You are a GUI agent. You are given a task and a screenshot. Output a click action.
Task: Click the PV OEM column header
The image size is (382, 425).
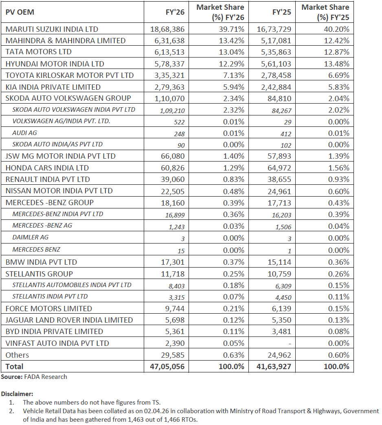(x=20, y=12)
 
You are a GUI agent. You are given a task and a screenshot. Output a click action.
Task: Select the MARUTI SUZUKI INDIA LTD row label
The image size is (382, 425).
(x=52, y=29)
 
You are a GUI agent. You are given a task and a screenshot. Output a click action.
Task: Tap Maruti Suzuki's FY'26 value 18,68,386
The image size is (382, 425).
(x=167, y=29)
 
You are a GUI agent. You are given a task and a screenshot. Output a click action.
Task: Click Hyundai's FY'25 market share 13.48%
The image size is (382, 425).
(x=337, y=64)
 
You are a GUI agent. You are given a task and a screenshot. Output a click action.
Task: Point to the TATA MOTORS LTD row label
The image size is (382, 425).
(x=38, y=52)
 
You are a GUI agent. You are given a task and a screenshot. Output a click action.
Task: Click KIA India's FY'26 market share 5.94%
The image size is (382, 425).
(x=233, y=87)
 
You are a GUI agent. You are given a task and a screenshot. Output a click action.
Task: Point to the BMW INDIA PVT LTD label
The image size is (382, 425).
(x=41, y=262)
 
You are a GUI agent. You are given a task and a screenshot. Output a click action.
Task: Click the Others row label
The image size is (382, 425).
(x=17, y=355)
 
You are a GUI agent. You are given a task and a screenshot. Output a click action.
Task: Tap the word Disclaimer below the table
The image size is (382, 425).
(x=17, y=394)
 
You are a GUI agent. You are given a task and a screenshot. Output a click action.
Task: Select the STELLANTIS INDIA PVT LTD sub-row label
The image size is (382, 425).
(x=50, y=297)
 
